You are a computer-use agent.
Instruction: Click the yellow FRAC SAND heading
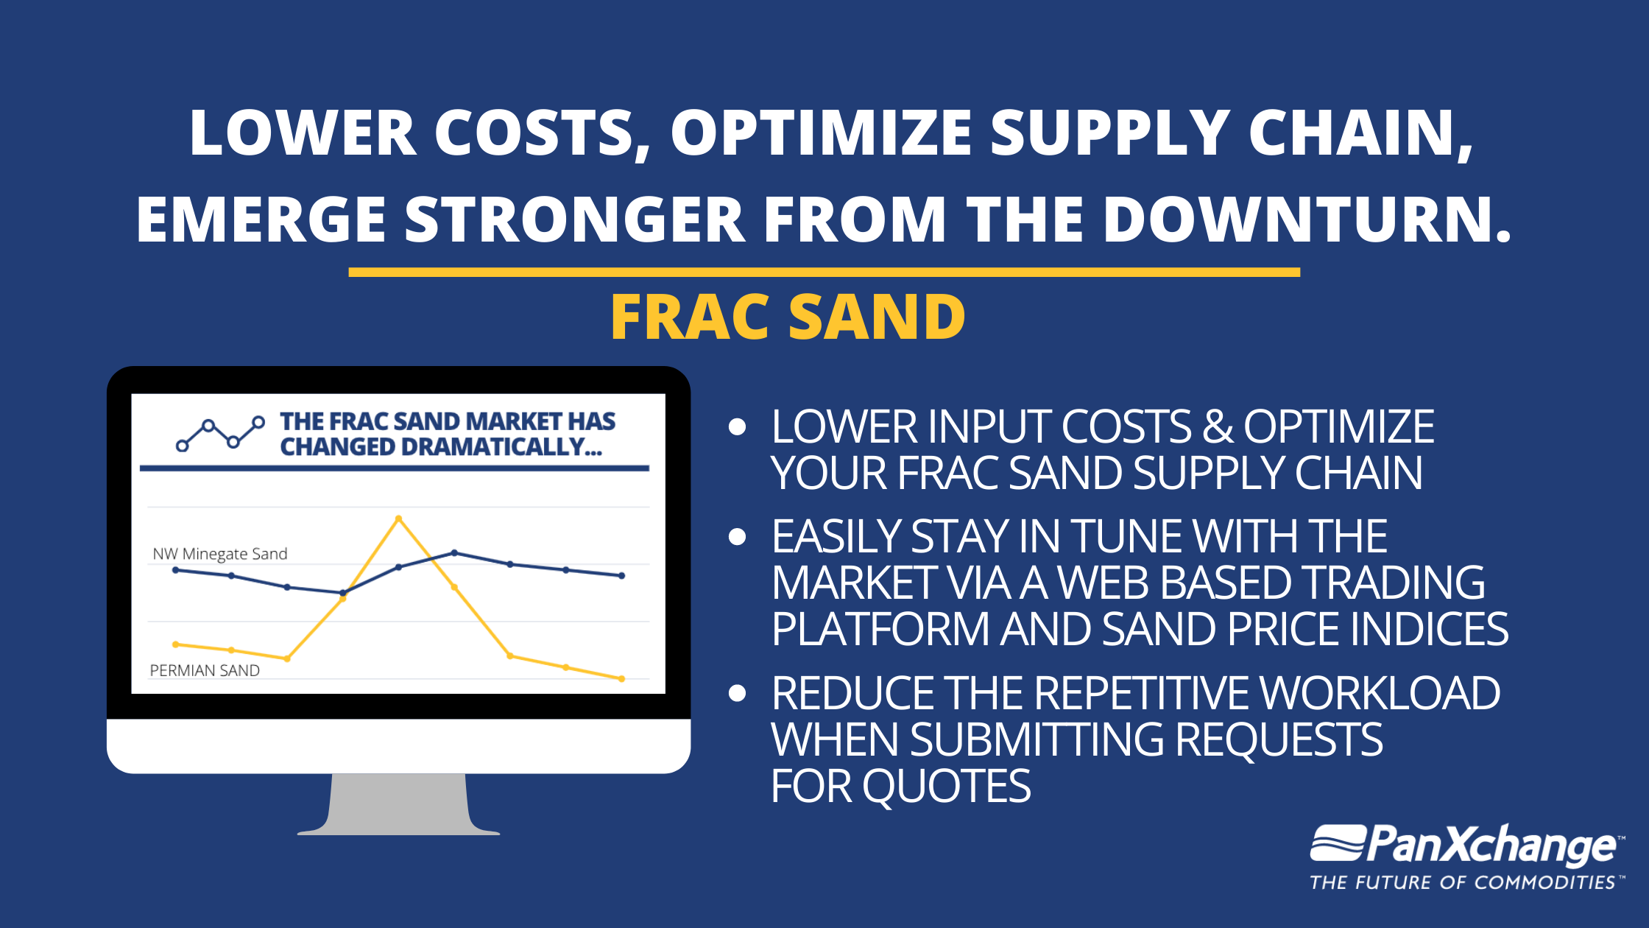tap(788, 317)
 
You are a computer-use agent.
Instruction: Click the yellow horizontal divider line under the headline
tap(824, 273)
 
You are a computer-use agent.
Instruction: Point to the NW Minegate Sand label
tap(220, 554)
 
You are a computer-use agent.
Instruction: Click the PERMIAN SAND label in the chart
tap(205, 670)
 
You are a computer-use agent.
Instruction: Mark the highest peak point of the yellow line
tap(399, 519)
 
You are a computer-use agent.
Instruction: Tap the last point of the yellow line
tap(622, 679)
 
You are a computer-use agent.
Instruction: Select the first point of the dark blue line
tap(175, 570)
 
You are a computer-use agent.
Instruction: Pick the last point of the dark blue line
tap(622, 576)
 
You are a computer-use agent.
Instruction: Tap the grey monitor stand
tap(398, 804)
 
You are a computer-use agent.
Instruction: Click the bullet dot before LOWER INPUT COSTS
tap(737, 427)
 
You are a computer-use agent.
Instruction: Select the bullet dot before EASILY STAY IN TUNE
tap(737, 537)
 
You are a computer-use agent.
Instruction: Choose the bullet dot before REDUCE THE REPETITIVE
tap(737, 693)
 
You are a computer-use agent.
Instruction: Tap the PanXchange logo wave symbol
tap(1338, 843)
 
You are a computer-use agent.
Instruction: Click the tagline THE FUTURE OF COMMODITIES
tap(1463, 882)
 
